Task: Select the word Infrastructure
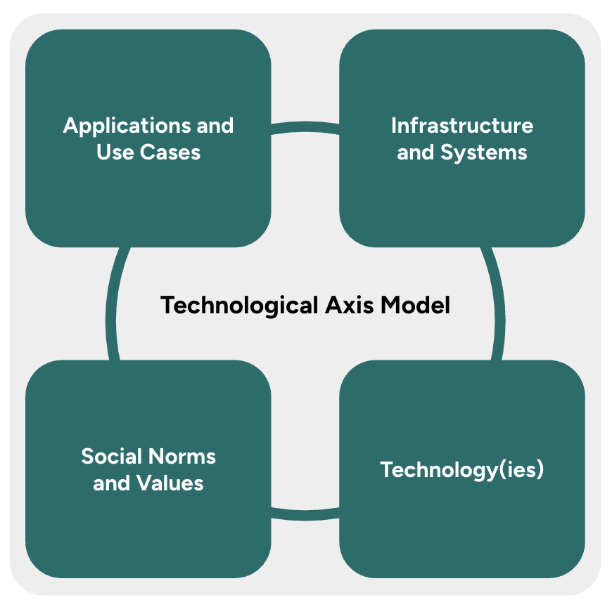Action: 462,126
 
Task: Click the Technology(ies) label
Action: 462,470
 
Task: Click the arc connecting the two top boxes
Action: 305,126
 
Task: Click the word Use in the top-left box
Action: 113,152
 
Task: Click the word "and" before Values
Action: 112,483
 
